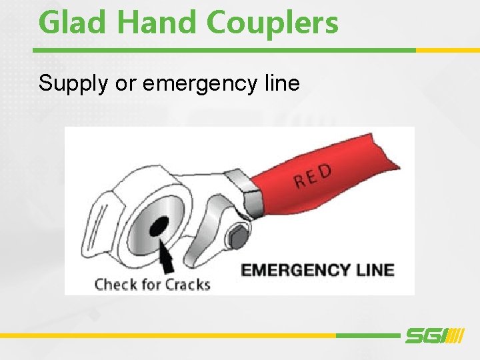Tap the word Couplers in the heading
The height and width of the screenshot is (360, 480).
pyautogui.click(x=273, y=23)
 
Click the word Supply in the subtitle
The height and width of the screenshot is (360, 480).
pyautogui.click(x=71, y=84)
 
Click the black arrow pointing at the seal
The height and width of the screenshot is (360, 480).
pyautogui.click(x=169, y=256)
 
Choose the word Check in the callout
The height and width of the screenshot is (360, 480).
pyautogui.click(x=116, y=285)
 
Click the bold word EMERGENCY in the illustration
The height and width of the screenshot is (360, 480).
pyautogui.click(x=295, y=270)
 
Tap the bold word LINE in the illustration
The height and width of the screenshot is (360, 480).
pyautogui.click(x=375, y=270)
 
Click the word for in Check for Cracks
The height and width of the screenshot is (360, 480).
pyautogui.click(x=151, y=285)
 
